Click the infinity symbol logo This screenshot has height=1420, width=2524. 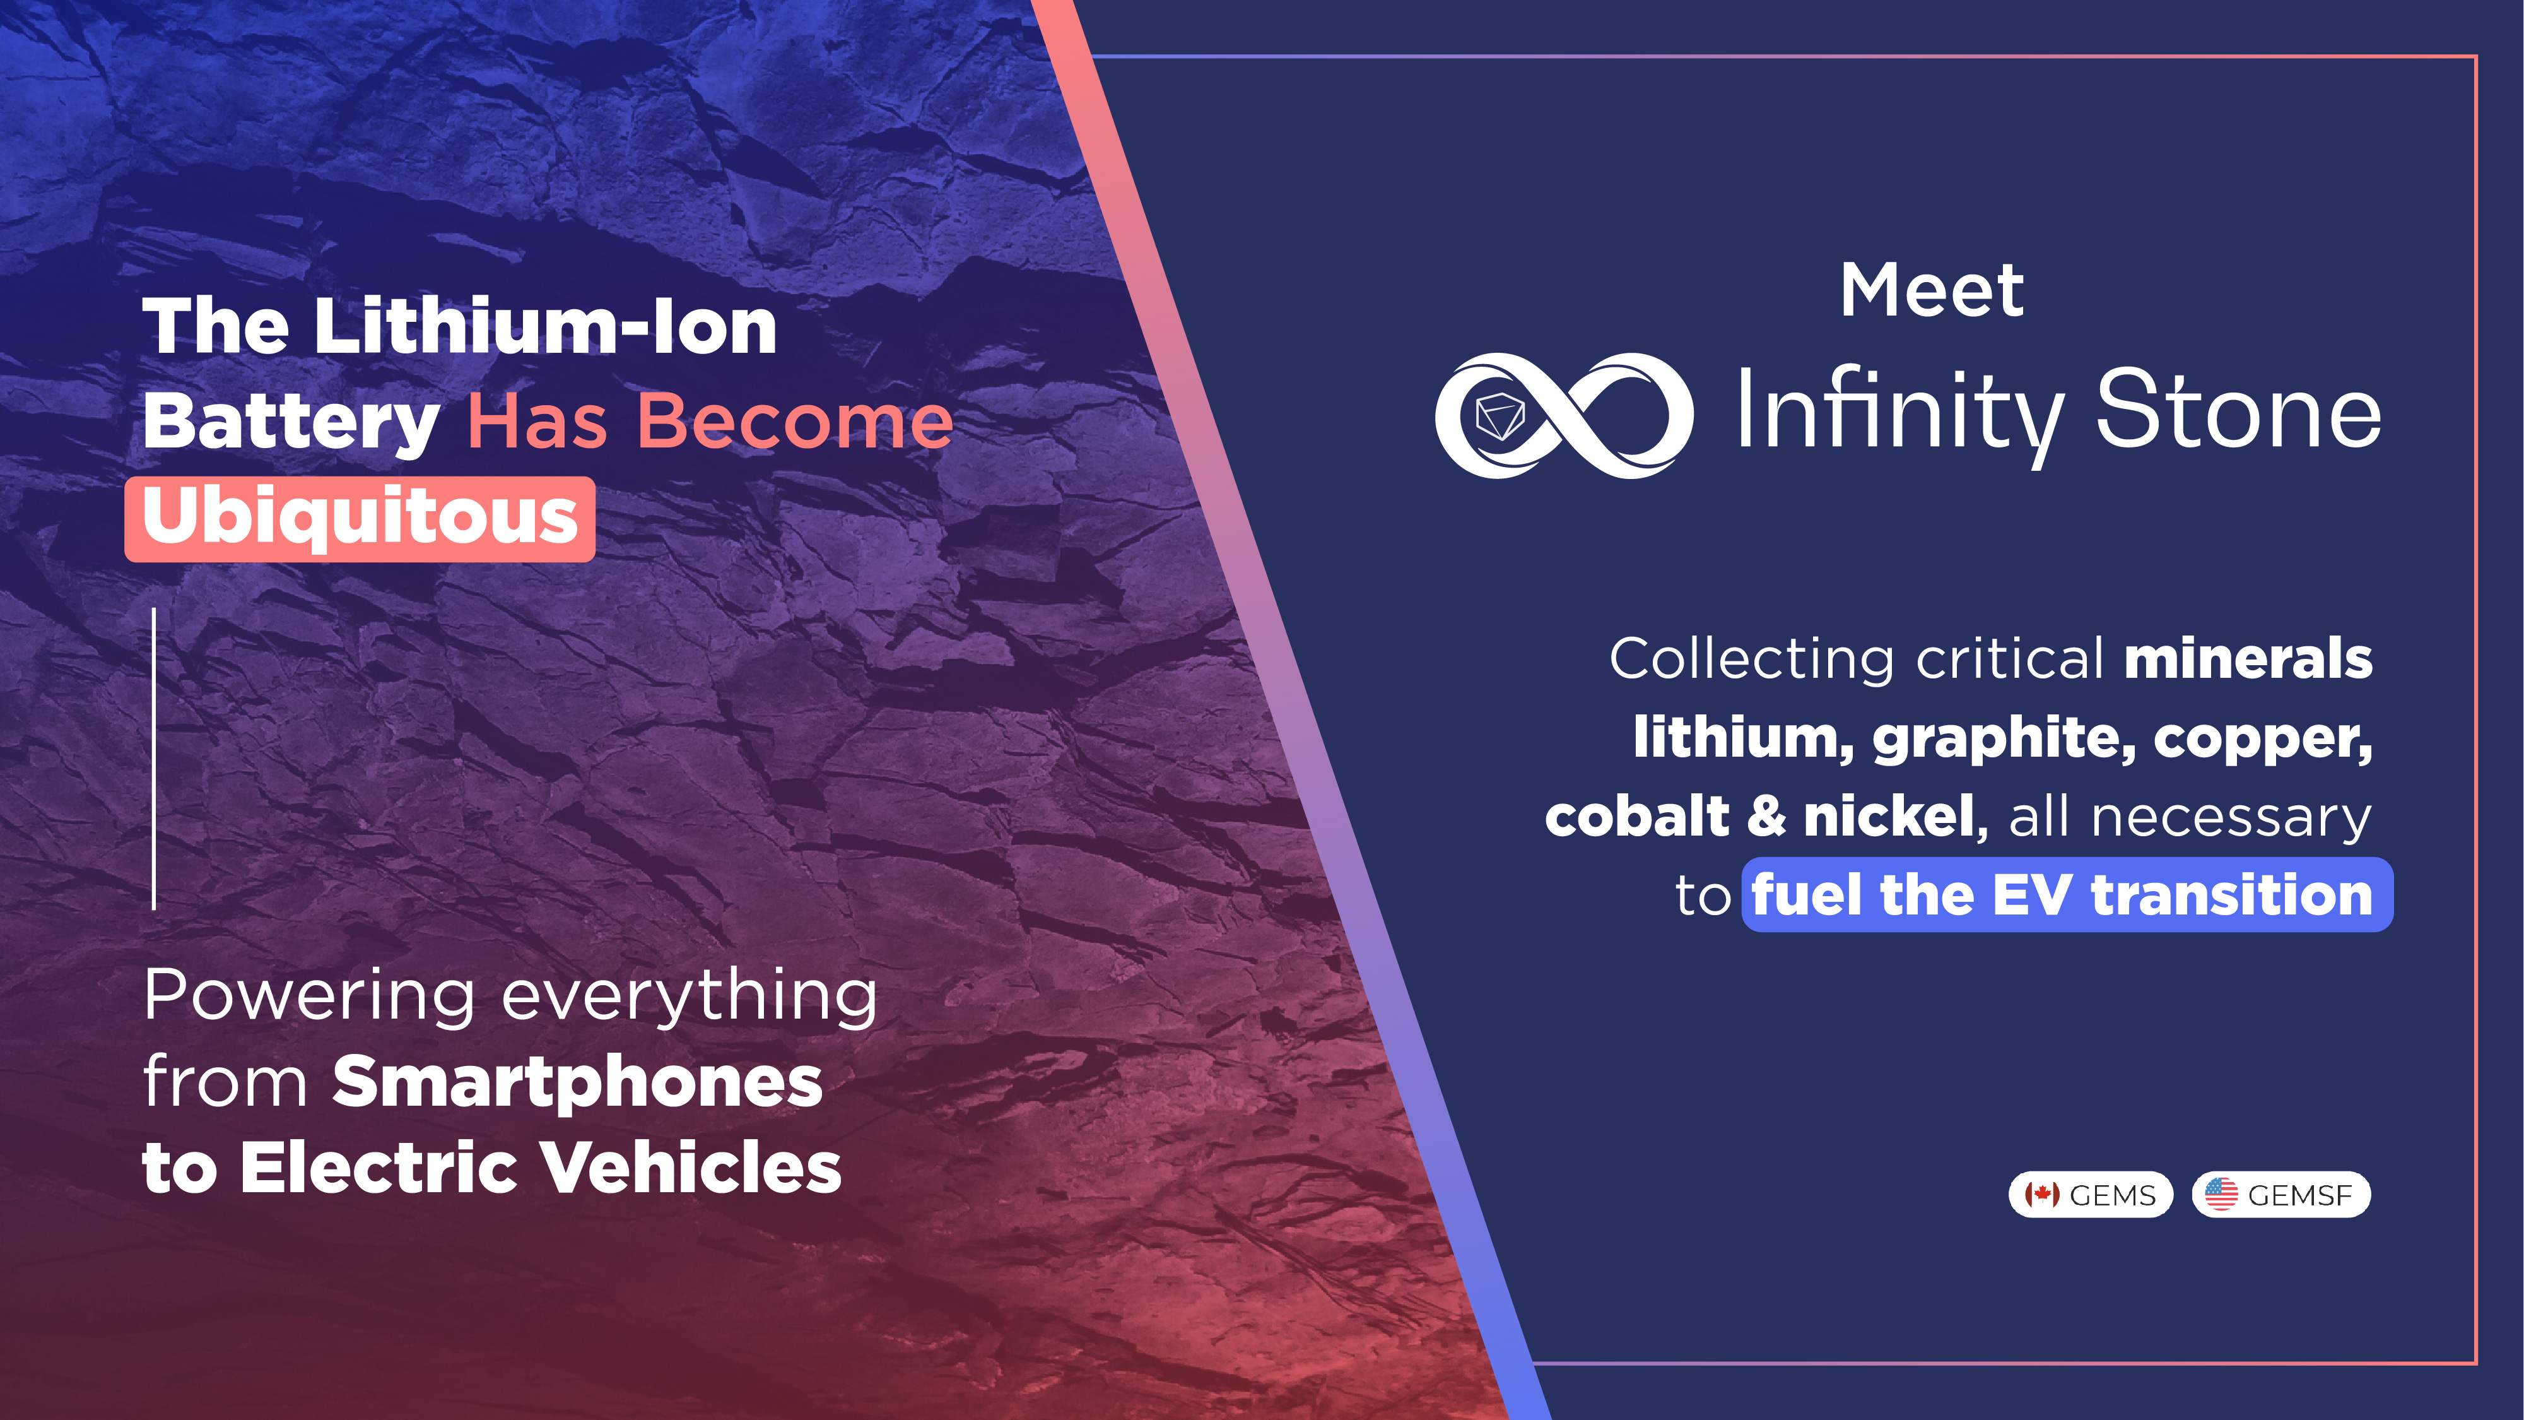point(1564,415)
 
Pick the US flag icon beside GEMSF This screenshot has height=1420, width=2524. point(2221,1195)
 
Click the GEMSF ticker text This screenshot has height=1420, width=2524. point(2299,1195)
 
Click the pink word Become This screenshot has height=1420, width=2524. point(795,422)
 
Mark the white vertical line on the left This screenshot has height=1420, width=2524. point(154,759)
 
